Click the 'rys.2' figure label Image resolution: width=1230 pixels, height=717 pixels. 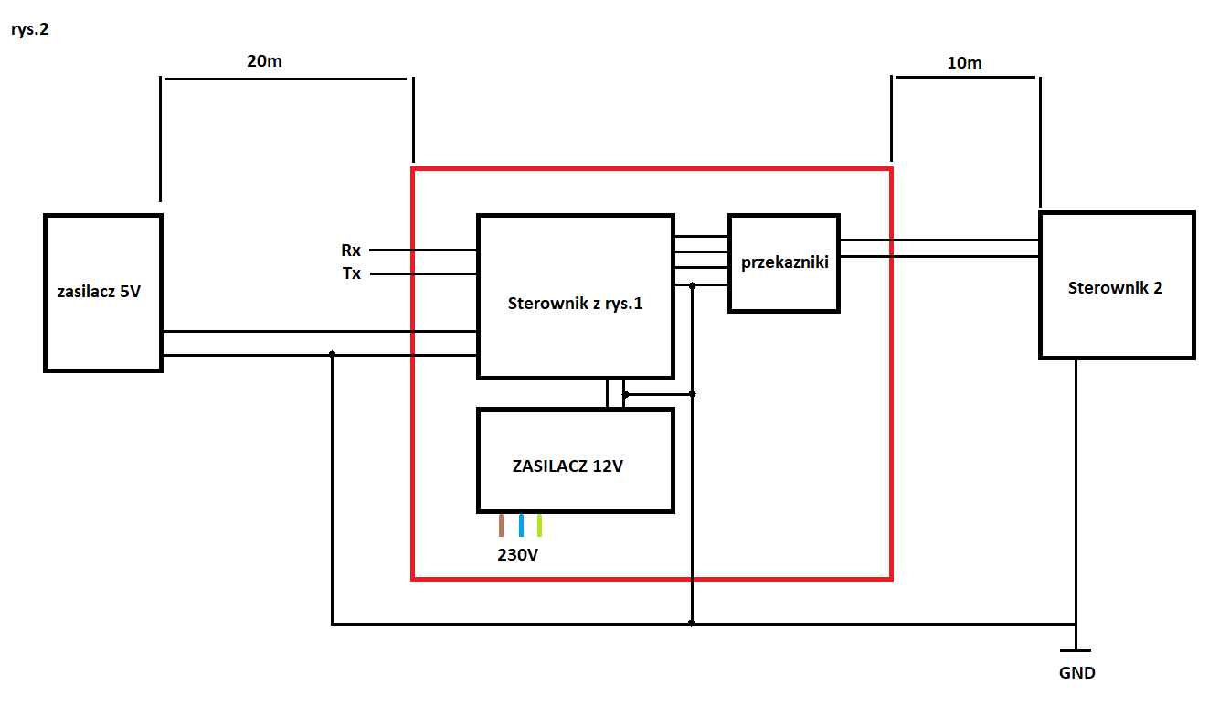click(x=29, y=29)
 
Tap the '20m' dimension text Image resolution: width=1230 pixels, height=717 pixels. click(x=264, y=61)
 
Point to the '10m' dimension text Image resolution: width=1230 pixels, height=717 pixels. click(x=964, y=63)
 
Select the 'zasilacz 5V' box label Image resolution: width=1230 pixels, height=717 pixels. click(x=99, y=291)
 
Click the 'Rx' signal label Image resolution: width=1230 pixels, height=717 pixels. click(x=351, y=251)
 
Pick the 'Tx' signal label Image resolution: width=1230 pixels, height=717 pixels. click(x=352, y=273)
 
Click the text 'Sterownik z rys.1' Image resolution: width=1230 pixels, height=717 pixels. click(x=575, y=304)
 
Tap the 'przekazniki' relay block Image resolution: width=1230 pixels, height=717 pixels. click(x=784, y=263)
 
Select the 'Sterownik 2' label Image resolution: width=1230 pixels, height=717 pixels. click(x=1115, y=288)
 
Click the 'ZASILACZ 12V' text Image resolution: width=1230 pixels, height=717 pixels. click(x=567, y=466)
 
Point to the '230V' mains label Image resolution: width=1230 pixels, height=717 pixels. click(x=517, y=555)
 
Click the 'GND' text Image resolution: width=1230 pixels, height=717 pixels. click(x=1076, y=673)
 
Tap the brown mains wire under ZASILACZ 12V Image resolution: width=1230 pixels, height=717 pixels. click(x=501, y=525)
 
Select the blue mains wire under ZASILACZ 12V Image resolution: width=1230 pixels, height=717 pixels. click(x=521, y=525)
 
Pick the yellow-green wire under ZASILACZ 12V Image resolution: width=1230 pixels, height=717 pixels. click(x=540, y=525)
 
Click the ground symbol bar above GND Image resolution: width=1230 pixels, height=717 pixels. click(x=1076, y=650)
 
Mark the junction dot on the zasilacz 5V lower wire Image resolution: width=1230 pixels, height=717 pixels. click(x=333, y=354)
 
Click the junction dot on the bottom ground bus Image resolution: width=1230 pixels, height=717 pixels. click(x=692, y=624)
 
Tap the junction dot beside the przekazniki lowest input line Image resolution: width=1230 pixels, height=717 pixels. click(x=692, y=285)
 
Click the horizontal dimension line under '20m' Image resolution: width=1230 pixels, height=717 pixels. click(x=286, y=80)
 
